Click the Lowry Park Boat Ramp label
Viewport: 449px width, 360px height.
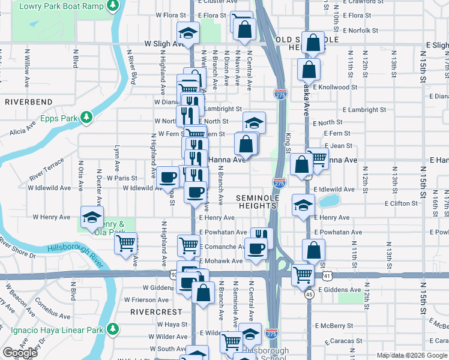click(61, 5)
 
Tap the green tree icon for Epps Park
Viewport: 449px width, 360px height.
click(86, 116)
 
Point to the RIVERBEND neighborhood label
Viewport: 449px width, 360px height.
click(25, 102)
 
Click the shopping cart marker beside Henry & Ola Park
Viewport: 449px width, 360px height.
click(126, 243)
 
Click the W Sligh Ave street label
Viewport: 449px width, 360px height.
click(163, 44)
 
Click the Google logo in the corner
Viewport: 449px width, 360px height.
click(20, 353)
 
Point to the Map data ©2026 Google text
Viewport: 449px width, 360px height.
click(412, 355)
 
